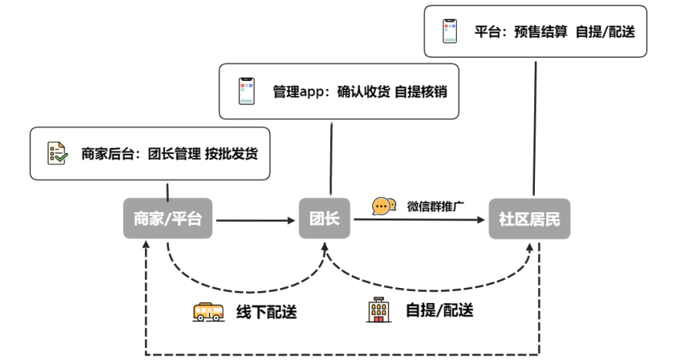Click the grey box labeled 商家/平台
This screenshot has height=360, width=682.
[x=168, y=219]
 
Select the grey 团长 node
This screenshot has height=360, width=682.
[x=325, y=219]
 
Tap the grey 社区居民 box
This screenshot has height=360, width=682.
[x=529, y=219]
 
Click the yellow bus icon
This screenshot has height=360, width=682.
[x=209, y=311]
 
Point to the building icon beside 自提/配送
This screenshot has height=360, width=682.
[x=377, y=310]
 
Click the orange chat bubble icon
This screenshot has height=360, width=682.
[x=384, y=205]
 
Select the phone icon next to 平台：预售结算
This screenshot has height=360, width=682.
[x=449, y=32]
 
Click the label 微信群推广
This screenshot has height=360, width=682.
[x=432, y=205]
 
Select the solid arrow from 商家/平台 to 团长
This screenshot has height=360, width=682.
[x=255, y=220]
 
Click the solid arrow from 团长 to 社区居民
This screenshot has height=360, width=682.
[x=420, y=220]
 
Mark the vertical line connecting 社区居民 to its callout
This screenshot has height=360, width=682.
[x=535, y=127]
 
